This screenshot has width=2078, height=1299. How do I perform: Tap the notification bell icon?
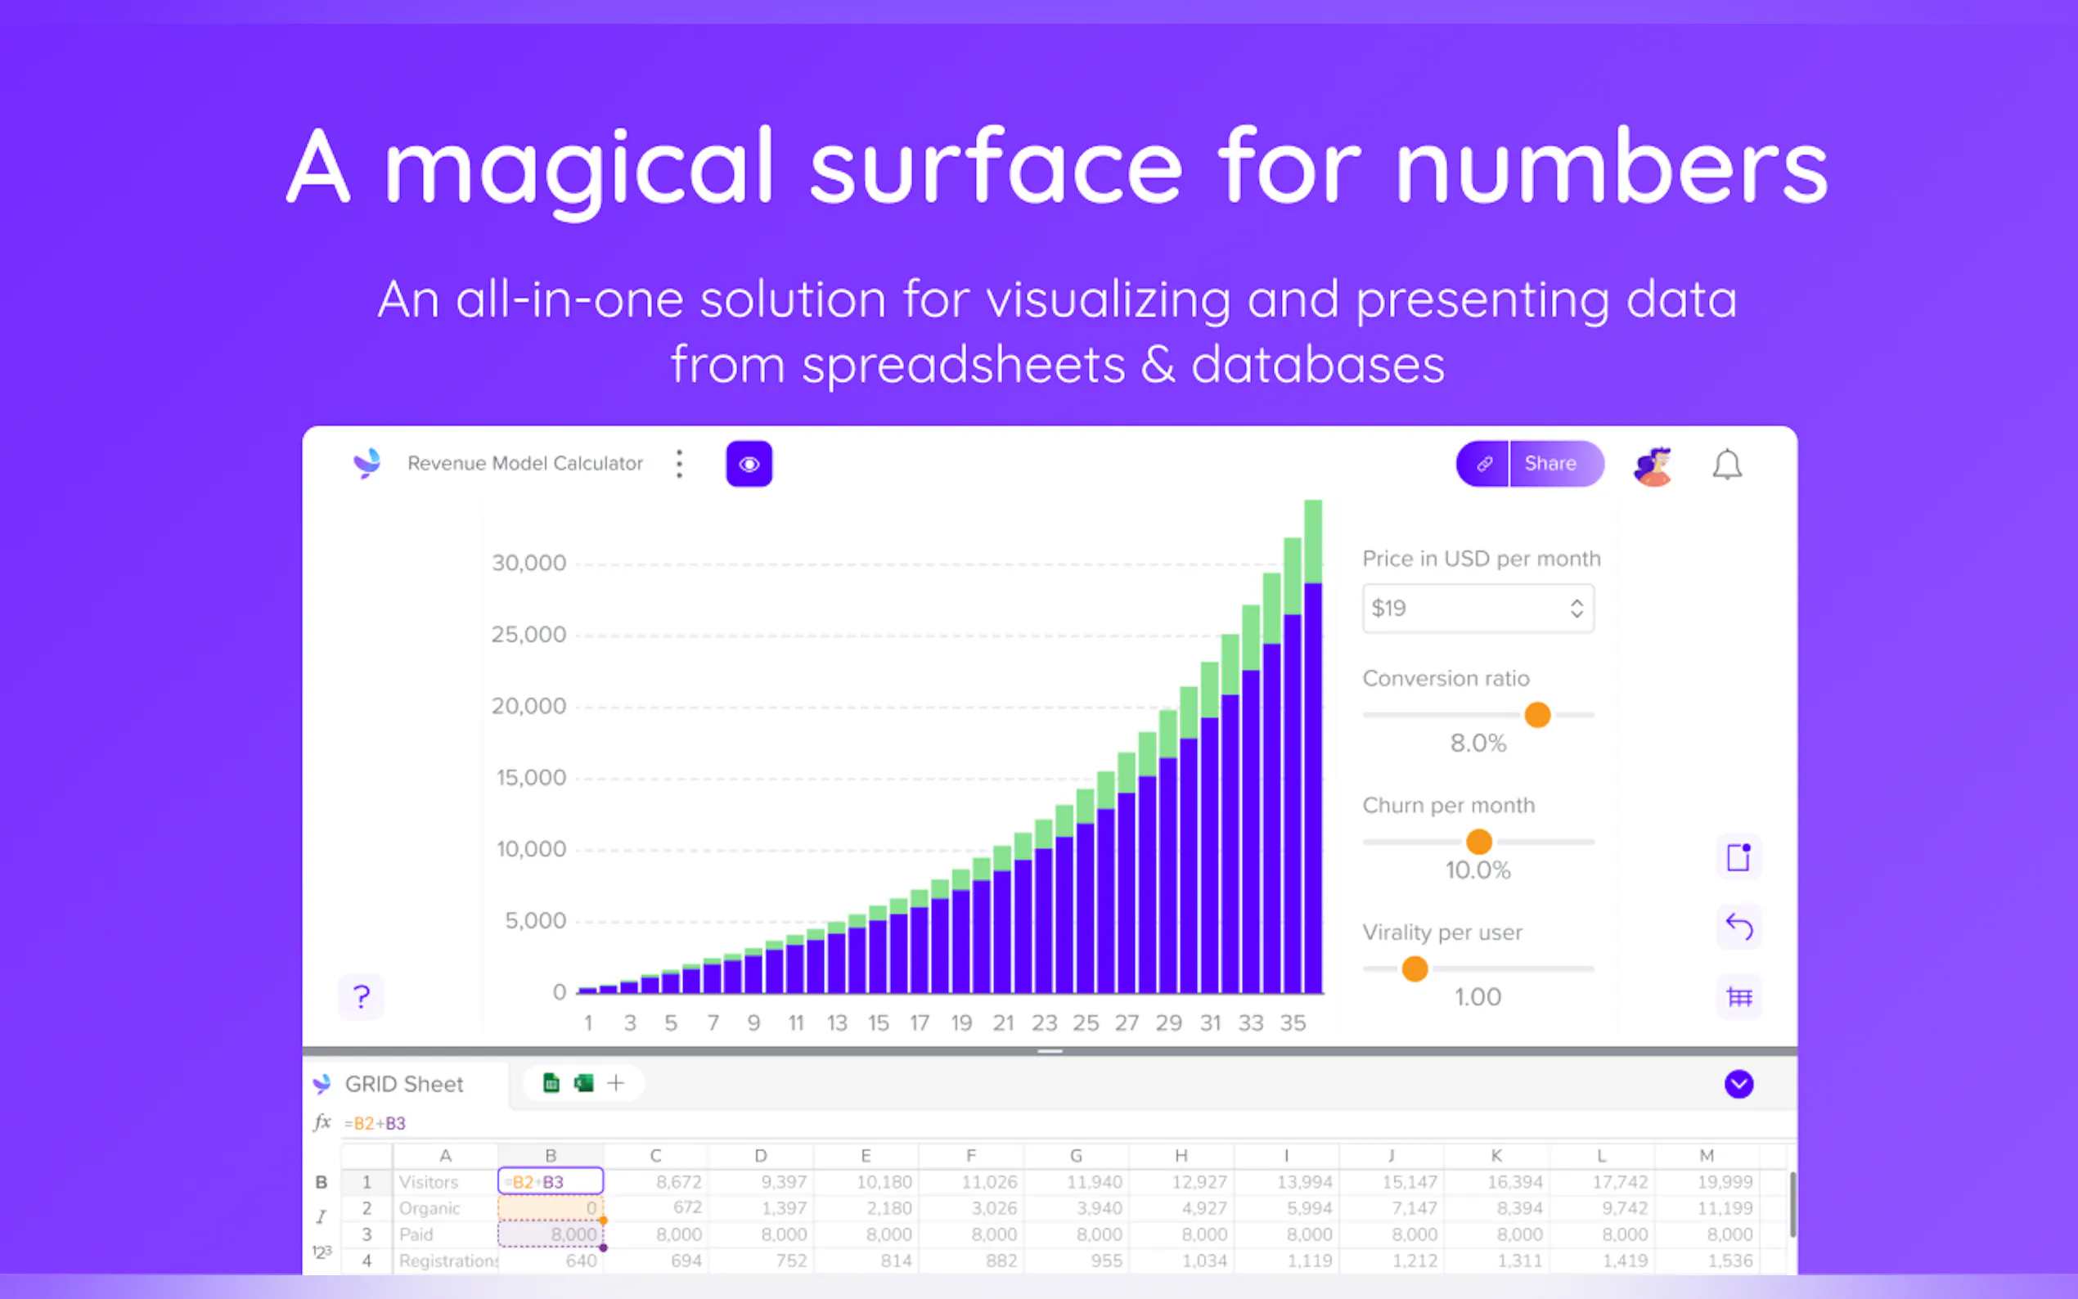point(1727,465)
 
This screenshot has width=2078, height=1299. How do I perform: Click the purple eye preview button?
point(749,464)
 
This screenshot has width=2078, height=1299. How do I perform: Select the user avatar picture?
point(1653,465)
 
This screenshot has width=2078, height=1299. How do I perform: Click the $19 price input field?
point(1478,609)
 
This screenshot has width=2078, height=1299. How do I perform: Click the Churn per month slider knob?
point(1478,841)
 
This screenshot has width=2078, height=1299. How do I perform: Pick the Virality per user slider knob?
point(1415,969)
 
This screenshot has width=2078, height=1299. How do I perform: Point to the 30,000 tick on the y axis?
point(528,564)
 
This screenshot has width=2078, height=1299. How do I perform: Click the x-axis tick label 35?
point(1293,1023)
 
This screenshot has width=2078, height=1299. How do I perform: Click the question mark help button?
point(361,996)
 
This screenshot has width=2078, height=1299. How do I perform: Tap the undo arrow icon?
point(1738,926)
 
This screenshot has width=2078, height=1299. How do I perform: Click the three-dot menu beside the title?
point(680,464)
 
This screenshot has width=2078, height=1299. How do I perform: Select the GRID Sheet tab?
point(404,1084)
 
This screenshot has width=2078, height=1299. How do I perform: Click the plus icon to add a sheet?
point(616,1083)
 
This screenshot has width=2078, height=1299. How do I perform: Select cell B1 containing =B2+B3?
point(551,1181)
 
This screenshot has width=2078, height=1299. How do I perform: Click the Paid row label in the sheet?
point(416,1234)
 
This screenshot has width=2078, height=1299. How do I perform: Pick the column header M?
point(1706,1156)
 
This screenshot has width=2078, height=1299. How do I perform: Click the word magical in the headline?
point(580,167)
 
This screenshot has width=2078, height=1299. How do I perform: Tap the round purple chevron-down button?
point(1738,1084)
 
